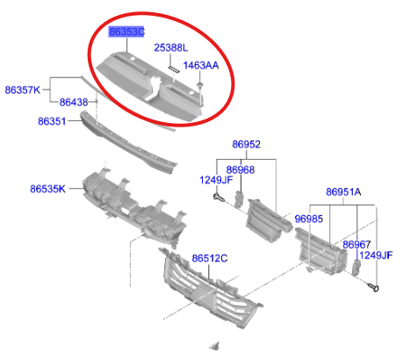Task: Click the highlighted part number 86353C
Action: point(126,32)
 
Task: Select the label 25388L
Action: point(171,47)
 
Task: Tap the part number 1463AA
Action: point(201,65)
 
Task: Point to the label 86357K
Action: point(23,90)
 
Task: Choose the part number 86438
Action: point(74,102)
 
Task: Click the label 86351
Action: point(52,121)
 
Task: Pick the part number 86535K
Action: point(47,189)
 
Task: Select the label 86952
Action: point(246,144)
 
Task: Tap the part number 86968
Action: point(241,169)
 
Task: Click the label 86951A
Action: point(343,192)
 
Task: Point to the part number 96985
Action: point(309,219)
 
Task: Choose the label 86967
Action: point(356,245)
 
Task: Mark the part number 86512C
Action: point(210,258)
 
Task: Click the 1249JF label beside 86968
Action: point(216,180)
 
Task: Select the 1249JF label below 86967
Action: point(376,256)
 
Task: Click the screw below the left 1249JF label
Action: point(219,198)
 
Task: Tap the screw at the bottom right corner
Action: point(373,287)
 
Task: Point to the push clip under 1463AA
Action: point(200,86)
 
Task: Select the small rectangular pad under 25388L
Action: point(174,68)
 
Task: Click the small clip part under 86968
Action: point(239,199)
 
